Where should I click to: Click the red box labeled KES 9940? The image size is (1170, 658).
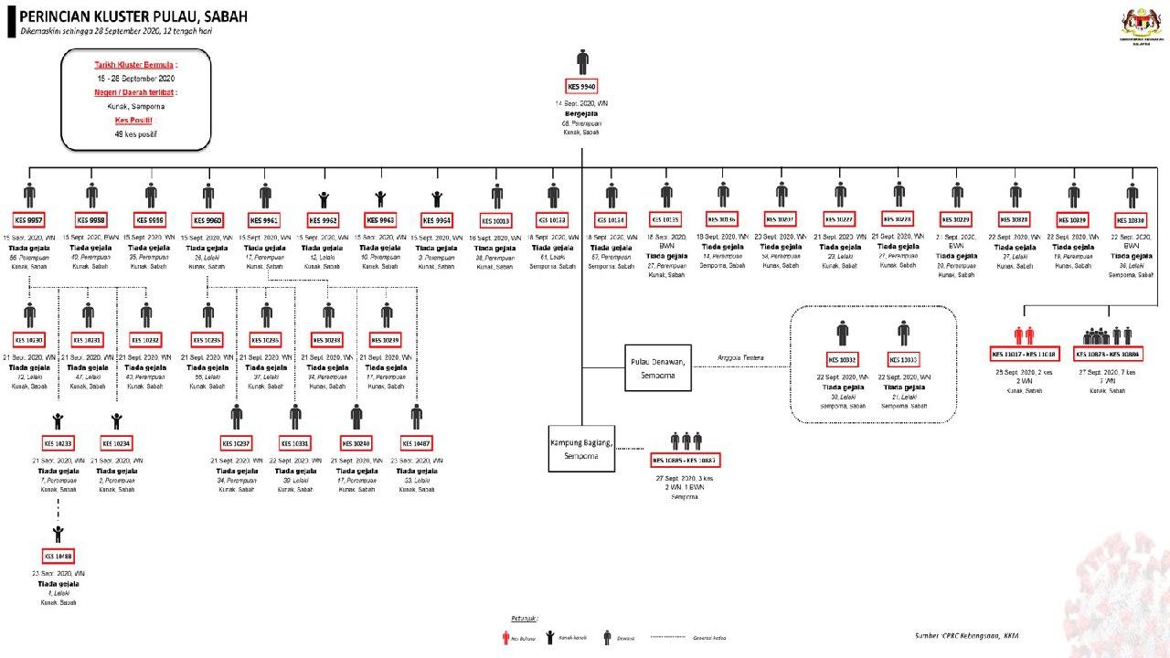[x=582, y=87]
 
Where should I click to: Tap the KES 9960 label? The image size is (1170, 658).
[x=207, y=220]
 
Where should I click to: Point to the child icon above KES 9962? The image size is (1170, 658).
[x=324, y=197]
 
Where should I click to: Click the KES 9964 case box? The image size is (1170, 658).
[x=437, y=220]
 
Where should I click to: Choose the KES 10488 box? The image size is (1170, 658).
[x=58, y=556]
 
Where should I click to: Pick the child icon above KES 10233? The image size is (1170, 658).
[x=58, y=420]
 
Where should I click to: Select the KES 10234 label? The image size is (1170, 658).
[x=116, y=443]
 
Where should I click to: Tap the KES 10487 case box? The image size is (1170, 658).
[x=416, y=443]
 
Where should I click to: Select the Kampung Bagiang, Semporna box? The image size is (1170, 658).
[x=581, y=449]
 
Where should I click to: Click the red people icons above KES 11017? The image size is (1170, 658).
[x=1023, y=335]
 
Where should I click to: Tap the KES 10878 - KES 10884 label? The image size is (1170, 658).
[x=1108, y=355]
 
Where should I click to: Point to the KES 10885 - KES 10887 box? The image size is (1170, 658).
[x=686, y=459]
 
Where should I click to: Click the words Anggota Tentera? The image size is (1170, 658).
[x=740, y=357]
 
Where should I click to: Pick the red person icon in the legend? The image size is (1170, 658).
[x=505, y=638]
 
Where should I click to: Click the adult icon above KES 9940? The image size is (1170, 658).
[x=582, y=62]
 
